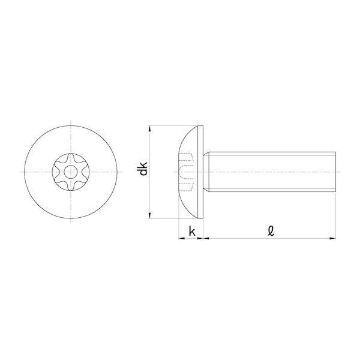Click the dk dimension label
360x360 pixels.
point(143,169)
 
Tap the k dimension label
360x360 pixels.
point(192,231)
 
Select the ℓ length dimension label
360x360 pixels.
point(271,231)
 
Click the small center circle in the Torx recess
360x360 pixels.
point(70,172)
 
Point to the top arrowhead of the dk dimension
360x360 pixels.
point(149,128)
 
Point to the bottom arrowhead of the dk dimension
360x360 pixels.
point(149,215)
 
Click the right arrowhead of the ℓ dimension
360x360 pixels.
point(332,238)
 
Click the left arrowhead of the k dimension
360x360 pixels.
point(182,238)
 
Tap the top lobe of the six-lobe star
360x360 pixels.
point(71,158)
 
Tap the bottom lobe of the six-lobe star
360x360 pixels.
point(71,187)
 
